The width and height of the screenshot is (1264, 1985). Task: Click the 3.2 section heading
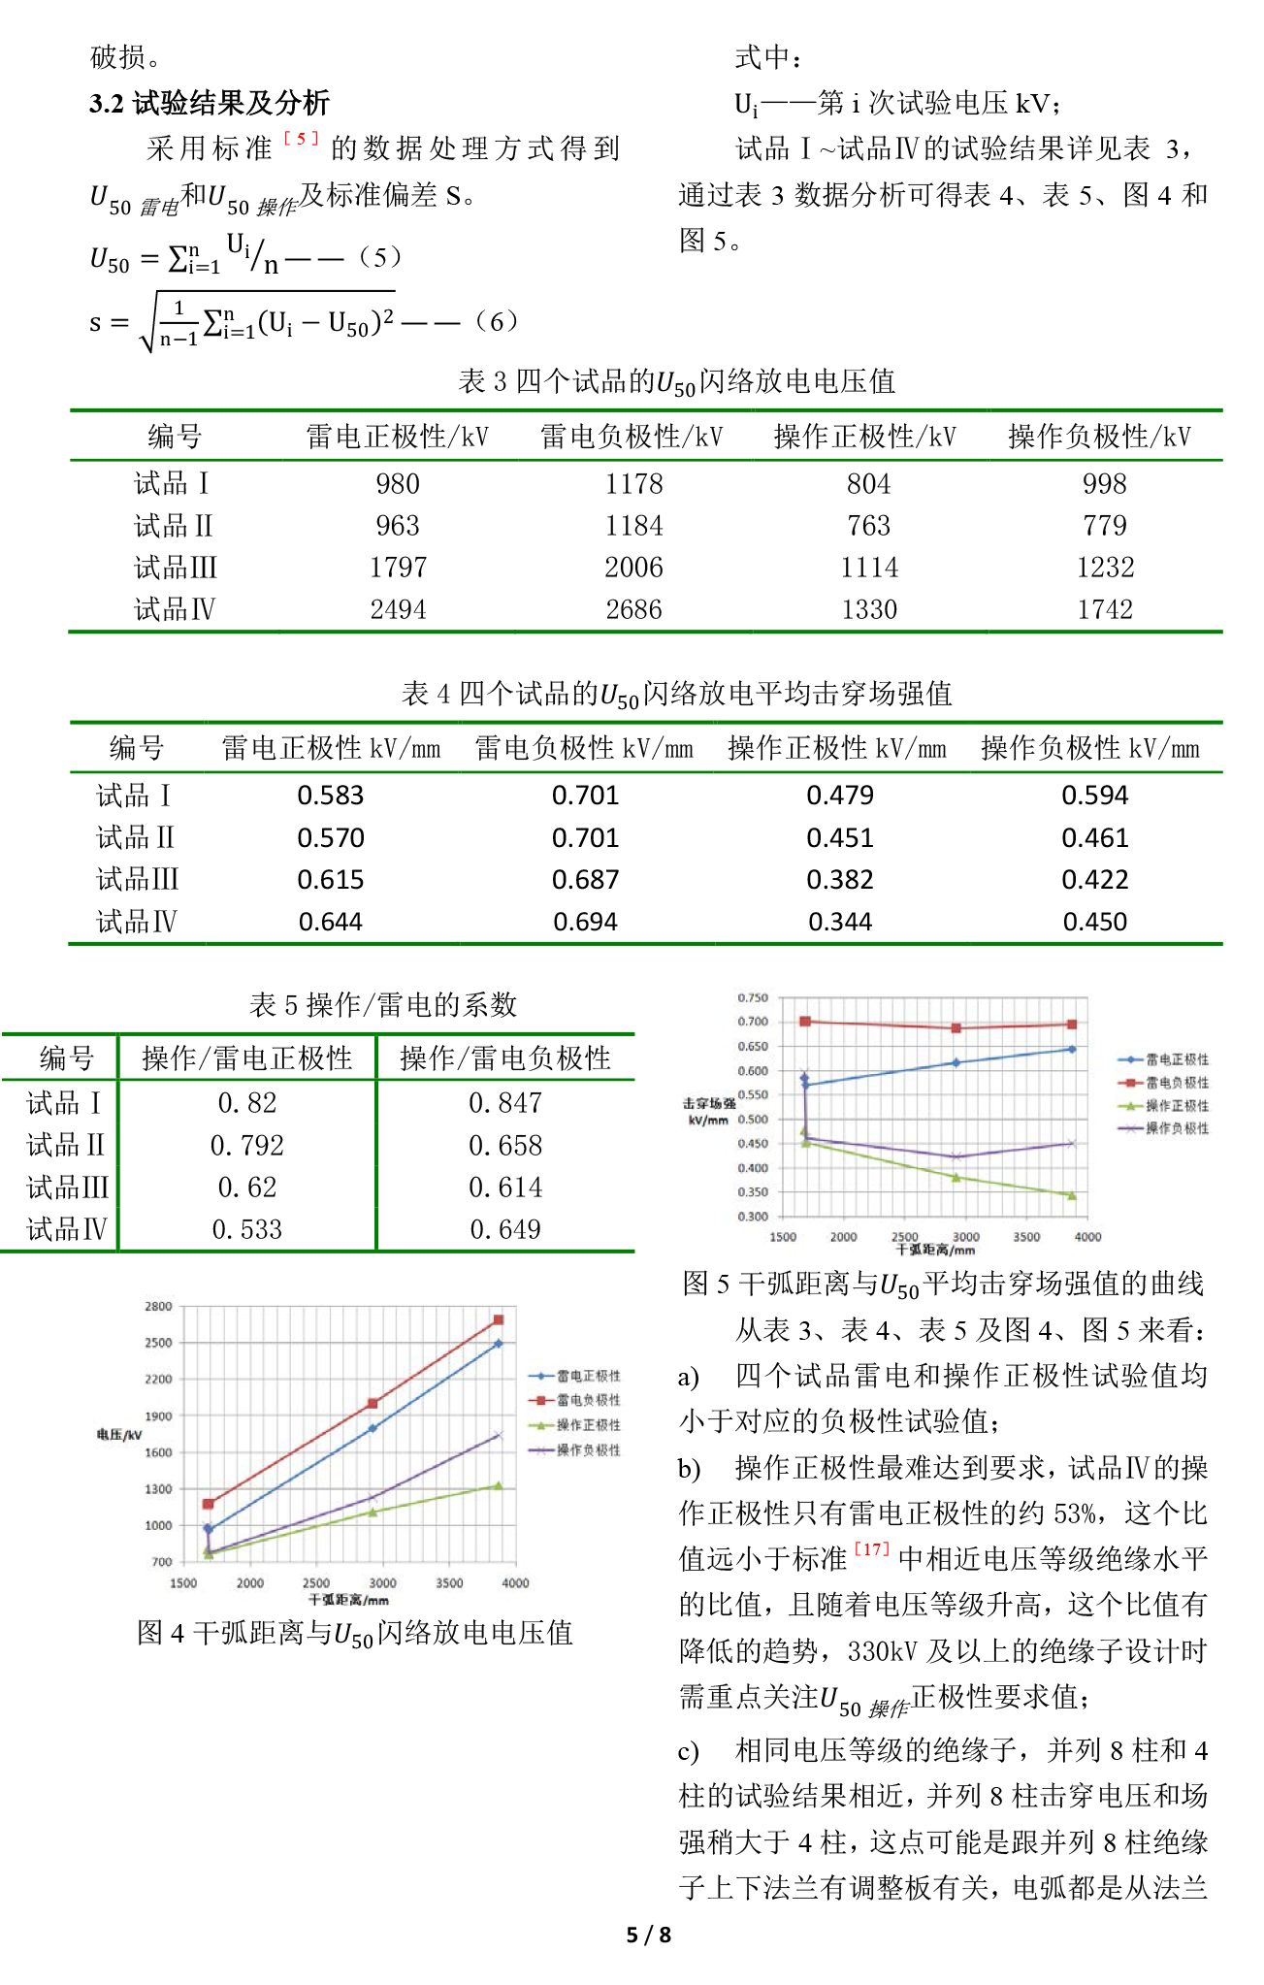point(210,103)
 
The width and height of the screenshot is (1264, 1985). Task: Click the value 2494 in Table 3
point(398,609)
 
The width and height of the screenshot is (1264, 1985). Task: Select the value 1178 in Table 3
point(633,483)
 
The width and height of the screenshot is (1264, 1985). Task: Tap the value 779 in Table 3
point(1104,526)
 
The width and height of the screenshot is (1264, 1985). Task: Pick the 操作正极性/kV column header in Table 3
point(865,437)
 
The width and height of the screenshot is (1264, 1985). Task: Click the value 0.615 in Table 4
point(330,880)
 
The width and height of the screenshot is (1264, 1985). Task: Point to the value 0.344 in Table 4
point(840,922)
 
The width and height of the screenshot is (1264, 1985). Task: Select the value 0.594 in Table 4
point(1094,796)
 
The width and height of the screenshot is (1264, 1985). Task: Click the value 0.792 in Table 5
point(246,1146)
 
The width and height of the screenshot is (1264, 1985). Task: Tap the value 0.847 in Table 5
point(504,1103)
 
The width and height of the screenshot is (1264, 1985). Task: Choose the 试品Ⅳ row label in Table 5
point(66,1230)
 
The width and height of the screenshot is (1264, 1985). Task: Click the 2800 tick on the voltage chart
point(158,1307)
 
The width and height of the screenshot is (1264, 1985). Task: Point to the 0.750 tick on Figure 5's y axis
point(752,998)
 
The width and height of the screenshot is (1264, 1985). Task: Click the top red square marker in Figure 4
point(499,1319)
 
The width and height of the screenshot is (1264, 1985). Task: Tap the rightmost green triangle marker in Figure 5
point(1072,1195)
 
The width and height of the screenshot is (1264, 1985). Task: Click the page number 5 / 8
point(648,1935)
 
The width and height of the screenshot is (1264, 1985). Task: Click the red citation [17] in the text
point(871,1549)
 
